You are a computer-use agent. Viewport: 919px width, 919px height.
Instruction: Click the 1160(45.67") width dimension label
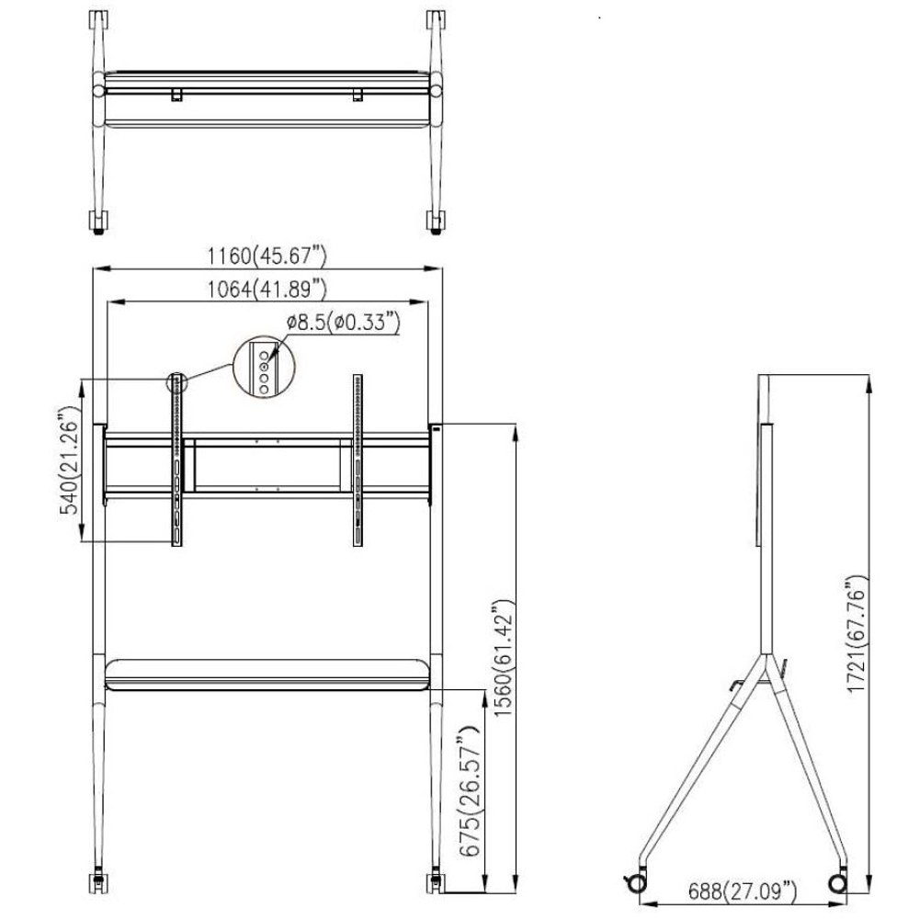[267, 256]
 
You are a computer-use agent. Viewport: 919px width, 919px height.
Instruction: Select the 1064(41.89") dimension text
[267, 289]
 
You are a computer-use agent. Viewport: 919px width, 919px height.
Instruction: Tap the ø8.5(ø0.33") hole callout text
[343, 323]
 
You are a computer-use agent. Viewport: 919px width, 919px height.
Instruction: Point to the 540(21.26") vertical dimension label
[70, 460]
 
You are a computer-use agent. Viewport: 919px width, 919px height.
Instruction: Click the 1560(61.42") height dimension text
[504, 658]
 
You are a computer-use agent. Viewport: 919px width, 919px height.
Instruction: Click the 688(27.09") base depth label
[742, 892]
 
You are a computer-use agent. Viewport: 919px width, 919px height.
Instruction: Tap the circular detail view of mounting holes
[264, 368]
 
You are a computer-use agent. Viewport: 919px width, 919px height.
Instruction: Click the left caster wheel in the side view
[636, 883]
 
